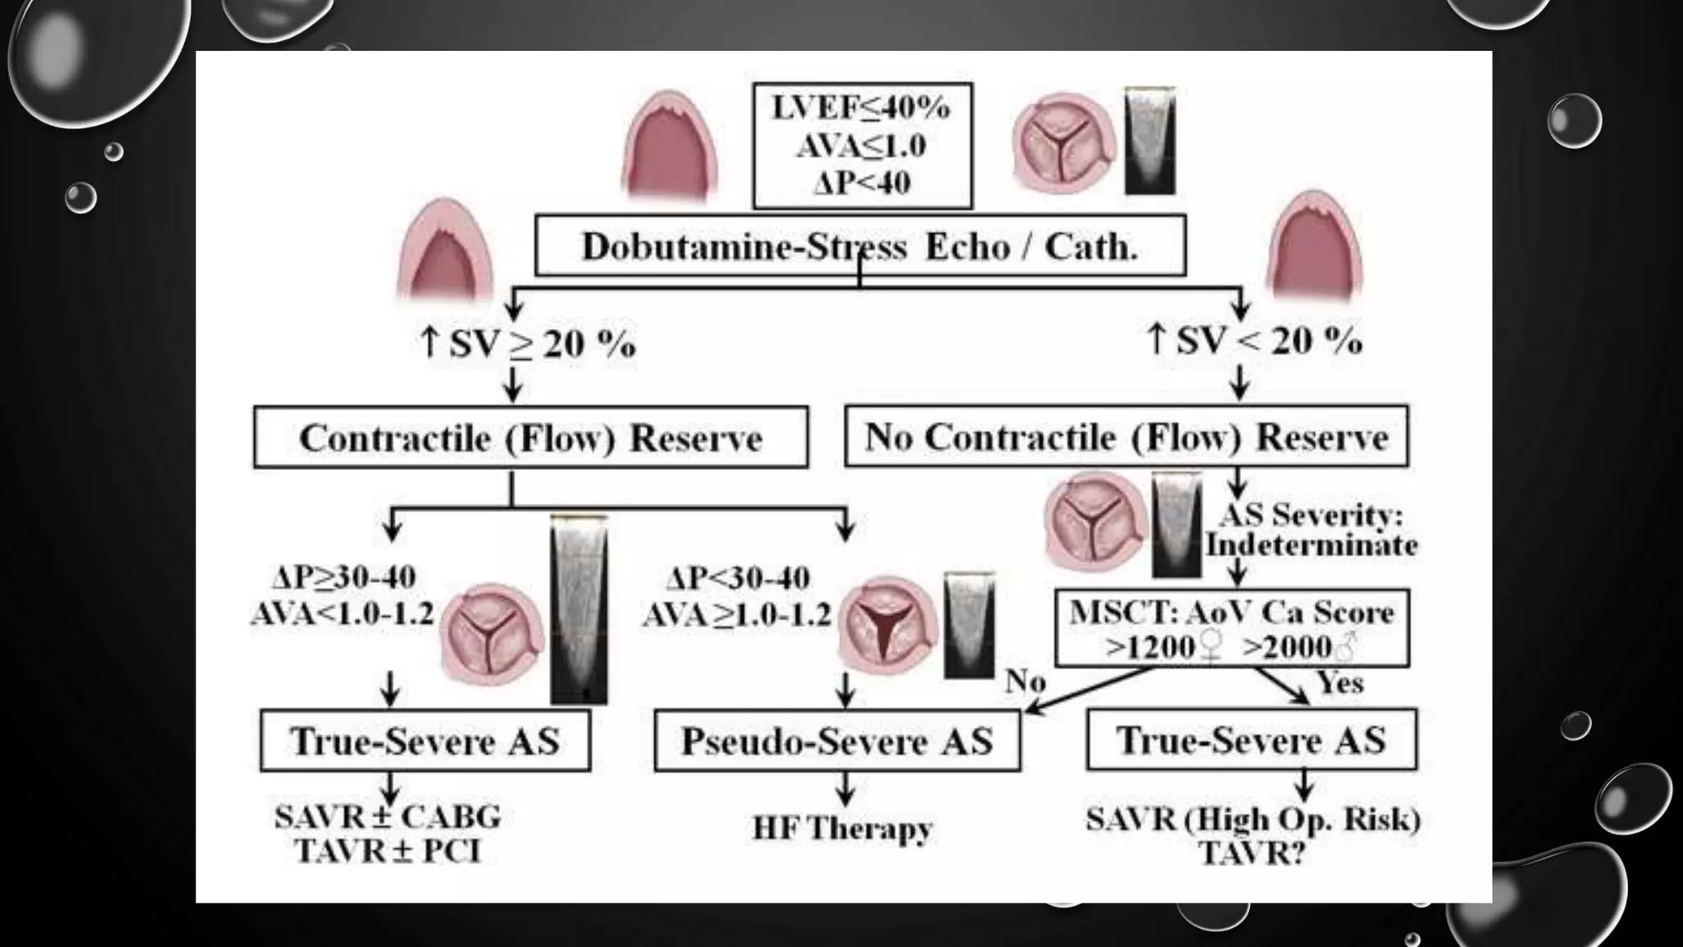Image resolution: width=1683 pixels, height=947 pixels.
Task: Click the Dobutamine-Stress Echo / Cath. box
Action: click(860, 246)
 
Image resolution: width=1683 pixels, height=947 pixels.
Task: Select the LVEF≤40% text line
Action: click(861, 108)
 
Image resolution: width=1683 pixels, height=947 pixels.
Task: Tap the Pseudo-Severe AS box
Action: click(837, 741)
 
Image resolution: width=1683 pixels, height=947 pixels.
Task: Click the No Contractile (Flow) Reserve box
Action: click(1126, 437)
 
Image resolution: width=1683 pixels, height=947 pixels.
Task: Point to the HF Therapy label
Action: click(842, 828)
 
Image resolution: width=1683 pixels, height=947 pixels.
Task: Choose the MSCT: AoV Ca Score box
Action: click(1231, 628)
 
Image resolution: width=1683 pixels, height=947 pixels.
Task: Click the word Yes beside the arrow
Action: click(1340, 682)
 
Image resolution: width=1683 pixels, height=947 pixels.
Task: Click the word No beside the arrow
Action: click(1026, 681)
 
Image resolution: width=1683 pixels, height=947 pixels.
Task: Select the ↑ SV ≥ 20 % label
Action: click(528, 343)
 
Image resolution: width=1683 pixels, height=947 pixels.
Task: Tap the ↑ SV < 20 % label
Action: click(1254, 340)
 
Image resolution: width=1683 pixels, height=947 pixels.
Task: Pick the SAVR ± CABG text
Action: click(388, 817)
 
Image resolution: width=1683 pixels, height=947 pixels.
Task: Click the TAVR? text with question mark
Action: click(1252, 853)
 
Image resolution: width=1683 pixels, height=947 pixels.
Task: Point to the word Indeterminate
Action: click(1312, 545)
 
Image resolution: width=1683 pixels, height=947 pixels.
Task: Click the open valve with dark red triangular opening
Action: click(886, 626)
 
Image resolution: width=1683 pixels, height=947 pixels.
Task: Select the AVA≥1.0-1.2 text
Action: click(737, 614)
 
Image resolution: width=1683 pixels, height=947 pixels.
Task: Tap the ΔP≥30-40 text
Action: click(344, 577)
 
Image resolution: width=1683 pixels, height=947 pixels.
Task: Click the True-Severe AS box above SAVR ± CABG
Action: click(425, 741)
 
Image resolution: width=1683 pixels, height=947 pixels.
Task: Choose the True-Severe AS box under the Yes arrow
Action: click(1251, 740)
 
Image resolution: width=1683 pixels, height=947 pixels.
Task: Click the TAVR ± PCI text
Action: click(388, 851)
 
